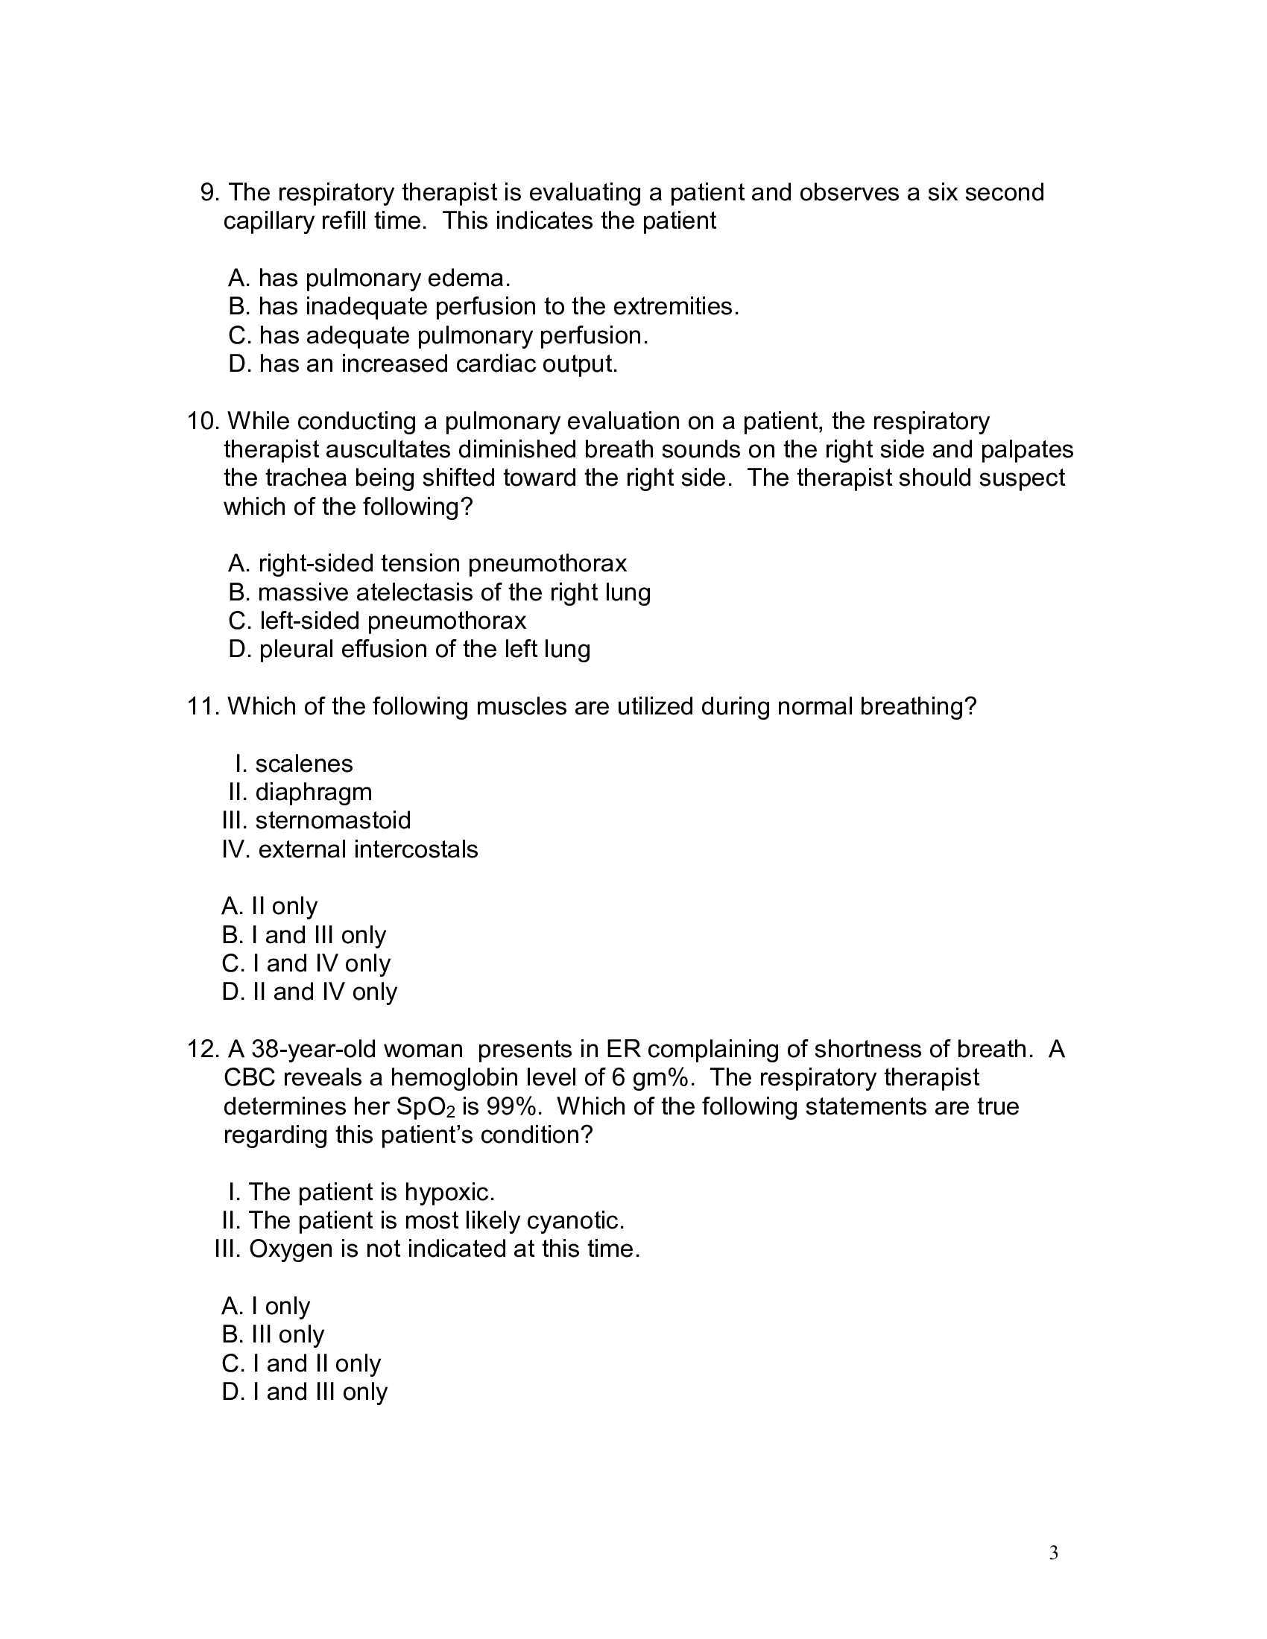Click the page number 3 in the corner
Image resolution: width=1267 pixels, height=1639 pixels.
pos(1053,1553)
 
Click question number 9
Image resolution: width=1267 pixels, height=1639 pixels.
pos(209,193)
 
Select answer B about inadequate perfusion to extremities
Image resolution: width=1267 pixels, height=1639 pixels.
pos(484,306)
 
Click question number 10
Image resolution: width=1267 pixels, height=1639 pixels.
pos(203,421)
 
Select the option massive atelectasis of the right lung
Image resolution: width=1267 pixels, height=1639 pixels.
pos(439,592)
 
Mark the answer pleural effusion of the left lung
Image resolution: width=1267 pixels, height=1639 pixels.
pos(409,649)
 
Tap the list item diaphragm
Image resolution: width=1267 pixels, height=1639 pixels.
pos(313,792)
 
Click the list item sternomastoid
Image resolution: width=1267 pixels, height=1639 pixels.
pos(332,820)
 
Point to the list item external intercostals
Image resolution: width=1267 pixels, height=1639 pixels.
pos(367,849)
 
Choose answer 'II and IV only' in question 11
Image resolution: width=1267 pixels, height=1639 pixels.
pos(309,992)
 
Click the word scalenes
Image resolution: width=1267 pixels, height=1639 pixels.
pos(303,764)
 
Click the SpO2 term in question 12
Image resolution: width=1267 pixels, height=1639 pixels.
pos(426,1107)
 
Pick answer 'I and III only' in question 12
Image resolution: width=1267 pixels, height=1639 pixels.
pos(305,1392)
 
